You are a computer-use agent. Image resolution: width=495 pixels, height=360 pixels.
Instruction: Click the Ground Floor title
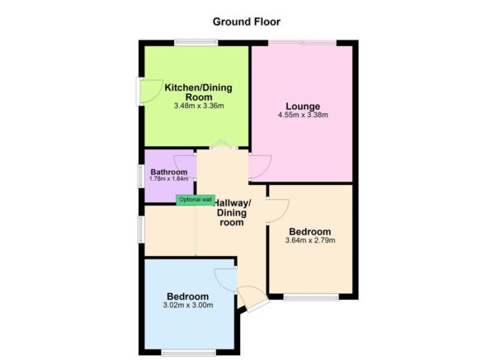tap(247, 21)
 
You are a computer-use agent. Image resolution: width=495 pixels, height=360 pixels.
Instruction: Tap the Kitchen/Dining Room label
tap(199, 92)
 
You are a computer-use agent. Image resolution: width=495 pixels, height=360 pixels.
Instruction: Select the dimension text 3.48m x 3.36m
tap(199, 106)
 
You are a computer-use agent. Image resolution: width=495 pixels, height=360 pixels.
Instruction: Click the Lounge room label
tap(303, 106)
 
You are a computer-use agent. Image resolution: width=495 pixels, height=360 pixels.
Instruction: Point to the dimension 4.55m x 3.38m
tap(303, 115)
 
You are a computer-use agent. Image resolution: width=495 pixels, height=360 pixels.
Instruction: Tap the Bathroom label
tap(169, 172)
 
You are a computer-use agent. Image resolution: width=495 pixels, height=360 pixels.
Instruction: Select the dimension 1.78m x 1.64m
tap(169, 179)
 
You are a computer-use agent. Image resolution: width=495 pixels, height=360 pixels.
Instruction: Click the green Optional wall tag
tap(196, 200)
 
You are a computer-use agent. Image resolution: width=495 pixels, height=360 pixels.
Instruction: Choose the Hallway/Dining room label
tap(233, 212)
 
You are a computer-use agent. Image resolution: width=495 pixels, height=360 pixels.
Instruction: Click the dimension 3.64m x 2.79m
tap(309, 240)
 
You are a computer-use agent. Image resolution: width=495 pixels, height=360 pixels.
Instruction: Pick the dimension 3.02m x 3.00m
tap(187, 305)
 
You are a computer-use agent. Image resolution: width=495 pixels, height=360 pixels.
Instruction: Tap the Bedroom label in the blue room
tap(187, 296)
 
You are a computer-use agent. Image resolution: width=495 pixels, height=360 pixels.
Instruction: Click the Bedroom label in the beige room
tap(309, 231)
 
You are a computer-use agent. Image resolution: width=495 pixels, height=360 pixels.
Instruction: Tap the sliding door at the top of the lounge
tap(304, 42)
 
